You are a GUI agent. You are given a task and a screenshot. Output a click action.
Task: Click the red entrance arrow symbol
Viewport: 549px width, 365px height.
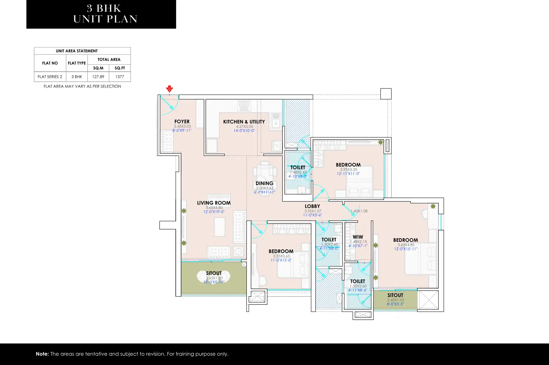(x=169, y=89)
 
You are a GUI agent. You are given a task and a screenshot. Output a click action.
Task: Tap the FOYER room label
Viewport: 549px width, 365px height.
(x=182, y=121)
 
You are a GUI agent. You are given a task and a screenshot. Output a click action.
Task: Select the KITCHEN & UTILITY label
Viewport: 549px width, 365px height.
(x=244, y=122)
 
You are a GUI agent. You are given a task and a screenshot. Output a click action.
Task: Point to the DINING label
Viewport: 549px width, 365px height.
(x=265, y=183)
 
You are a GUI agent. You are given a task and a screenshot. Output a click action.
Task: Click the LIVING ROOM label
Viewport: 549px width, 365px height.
(x=214, y=203)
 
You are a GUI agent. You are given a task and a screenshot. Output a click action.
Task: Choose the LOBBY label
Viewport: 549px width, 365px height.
(x=312, y=206)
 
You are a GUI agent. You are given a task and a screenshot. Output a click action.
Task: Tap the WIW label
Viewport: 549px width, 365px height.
(x=358, y=237)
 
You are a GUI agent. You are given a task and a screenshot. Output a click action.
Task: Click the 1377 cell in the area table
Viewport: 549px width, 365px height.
(x=120, y=77)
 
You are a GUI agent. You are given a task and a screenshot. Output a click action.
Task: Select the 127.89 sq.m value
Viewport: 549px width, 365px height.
(x=98, y=77)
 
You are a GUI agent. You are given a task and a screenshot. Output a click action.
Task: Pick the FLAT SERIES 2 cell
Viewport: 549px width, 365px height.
(x=50, y=77)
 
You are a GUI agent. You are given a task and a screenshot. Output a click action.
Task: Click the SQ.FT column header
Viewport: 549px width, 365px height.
(x=120, y=68)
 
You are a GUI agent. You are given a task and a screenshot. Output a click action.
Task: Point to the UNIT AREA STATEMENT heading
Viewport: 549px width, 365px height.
(x=77, y=51)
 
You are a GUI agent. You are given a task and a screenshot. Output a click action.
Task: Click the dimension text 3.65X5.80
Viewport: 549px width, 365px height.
(x=214, y=207)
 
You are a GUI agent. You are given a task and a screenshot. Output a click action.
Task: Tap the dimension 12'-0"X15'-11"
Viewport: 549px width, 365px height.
(x=406, y=249)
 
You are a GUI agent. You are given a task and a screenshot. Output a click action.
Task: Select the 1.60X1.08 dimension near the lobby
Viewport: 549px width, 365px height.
(x=359, y=211)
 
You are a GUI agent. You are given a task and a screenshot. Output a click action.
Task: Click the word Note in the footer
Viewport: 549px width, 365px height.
(x=42, y=354)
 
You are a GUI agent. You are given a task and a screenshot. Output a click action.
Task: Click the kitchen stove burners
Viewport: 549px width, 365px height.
(x=244, y=106)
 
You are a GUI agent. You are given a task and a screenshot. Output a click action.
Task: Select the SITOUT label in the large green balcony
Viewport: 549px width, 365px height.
(x=214, y=273)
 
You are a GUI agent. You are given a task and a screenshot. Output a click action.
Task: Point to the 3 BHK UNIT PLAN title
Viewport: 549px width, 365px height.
(x=105, y=14)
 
